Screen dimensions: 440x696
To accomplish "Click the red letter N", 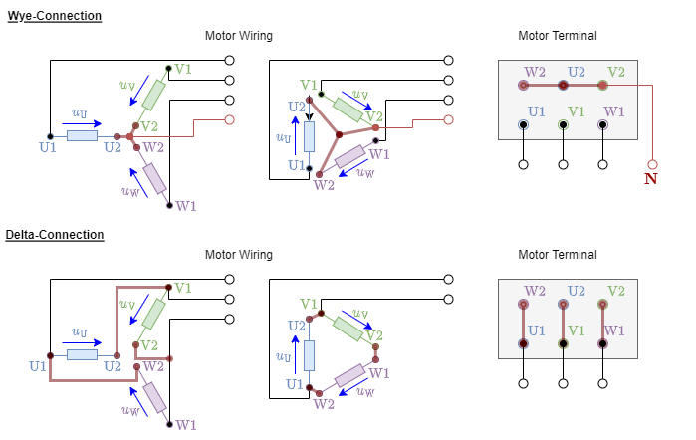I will click(651, 179).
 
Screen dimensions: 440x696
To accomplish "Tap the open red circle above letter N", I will click(652, 164).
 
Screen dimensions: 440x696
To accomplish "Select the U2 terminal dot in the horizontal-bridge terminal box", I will click(563, 86).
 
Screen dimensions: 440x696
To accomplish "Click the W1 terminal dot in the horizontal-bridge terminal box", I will click(602, 124).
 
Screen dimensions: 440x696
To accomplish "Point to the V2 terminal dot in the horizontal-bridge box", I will click(602, 86).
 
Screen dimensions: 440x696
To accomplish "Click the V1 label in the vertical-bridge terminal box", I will click(577, 330).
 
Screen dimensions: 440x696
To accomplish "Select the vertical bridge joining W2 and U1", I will click(523, 324).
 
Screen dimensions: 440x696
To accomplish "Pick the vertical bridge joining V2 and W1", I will click(602, 324).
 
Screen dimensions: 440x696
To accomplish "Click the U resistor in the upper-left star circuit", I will click(82, 135).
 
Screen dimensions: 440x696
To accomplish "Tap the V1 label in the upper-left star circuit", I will click(183, 69).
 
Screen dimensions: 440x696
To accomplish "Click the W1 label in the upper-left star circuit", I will click(186, 206).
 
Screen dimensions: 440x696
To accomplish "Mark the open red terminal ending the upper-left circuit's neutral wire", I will click(229, 119).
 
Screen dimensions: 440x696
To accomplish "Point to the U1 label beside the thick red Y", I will click(296, 165).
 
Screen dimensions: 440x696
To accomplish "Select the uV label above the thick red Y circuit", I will click(360, 94).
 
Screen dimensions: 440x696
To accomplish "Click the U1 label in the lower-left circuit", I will click(38, 366).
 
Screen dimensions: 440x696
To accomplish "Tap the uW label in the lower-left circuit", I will click(130, 410).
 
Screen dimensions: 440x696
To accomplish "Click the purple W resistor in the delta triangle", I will click(349, 375).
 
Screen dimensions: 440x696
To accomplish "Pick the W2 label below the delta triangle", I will click(324, 404).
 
